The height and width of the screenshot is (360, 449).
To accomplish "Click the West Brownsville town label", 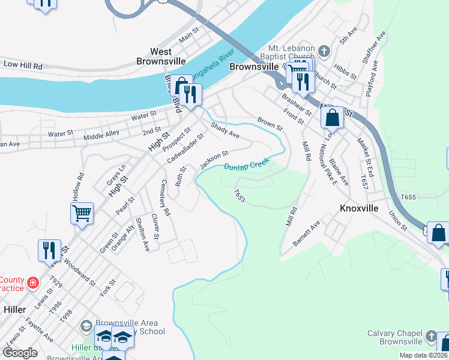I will (x=161, y=56).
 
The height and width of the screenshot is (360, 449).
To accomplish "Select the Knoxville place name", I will (x=359, y=208).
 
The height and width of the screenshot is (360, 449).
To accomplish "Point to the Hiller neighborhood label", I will (x=14, y=309).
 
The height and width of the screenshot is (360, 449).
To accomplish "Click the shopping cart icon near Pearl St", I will (x=82, y=212).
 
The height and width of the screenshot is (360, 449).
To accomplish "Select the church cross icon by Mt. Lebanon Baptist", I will (x=324, y=50).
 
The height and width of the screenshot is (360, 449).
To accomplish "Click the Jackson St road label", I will (x=214, y=159).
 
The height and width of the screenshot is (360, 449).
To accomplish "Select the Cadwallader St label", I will (x=185, y=147).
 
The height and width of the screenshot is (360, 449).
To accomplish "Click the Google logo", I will (x=20, y=353).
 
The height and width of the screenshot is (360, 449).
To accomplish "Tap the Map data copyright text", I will (x=423, y=355).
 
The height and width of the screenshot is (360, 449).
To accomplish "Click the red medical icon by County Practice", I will (x=34, y=281).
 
